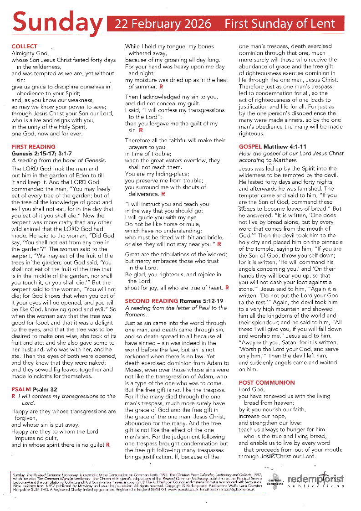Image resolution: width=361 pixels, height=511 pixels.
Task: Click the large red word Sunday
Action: point(57,23)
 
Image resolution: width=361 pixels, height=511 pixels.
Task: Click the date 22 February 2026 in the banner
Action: point(163,24)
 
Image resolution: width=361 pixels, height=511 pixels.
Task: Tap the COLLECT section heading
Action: point(24,46)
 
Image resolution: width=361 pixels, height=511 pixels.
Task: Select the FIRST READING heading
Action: point(33,147)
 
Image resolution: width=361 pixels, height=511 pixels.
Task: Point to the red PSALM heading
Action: point(21,389)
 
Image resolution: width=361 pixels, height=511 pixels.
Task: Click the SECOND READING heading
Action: point(151,301)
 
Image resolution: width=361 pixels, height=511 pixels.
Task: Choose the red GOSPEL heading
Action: point(250,147)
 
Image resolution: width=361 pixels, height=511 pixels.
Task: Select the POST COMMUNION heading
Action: point(267,382)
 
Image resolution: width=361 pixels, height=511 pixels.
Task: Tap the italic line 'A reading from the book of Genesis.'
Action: point(59,160)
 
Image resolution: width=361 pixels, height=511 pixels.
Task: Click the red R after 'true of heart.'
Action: point(227,288)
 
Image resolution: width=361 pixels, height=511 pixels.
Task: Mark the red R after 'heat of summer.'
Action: point(161,87)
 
